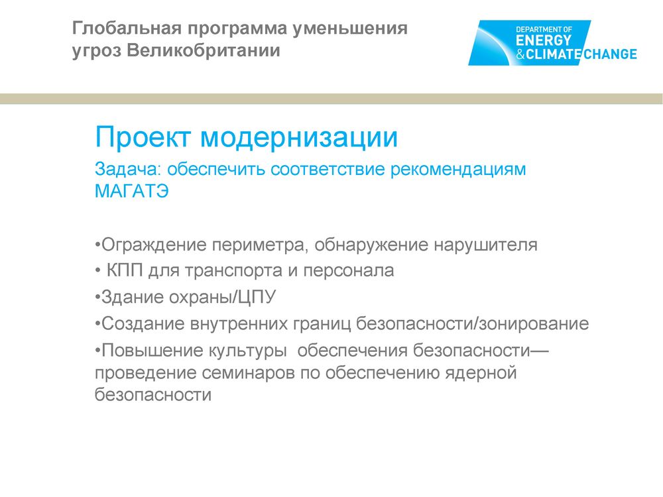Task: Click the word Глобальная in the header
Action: pos(128,28)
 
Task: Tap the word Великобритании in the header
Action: pos(204,50)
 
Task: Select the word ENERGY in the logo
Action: pos(544,40)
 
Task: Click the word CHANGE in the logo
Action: pos(611,54)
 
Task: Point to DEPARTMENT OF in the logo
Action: pos(544,30)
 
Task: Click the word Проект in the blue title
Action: pos(143,137)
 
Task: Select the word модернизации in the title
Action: pos(299,138)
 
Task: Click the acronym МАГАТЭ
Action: pos(132,191)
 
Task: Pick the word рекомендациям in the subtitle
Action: pos(458,170)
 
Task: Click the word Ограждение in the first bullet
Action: pos(154,245)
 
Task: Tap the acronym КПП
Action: pos(125,270)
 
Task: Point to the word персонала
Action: pos(349,271)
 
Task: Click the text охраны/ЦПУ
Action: pos(222,297)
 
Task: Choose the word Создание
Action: pos(143,324)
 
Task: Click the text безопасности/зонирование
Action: pos(472,324)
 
